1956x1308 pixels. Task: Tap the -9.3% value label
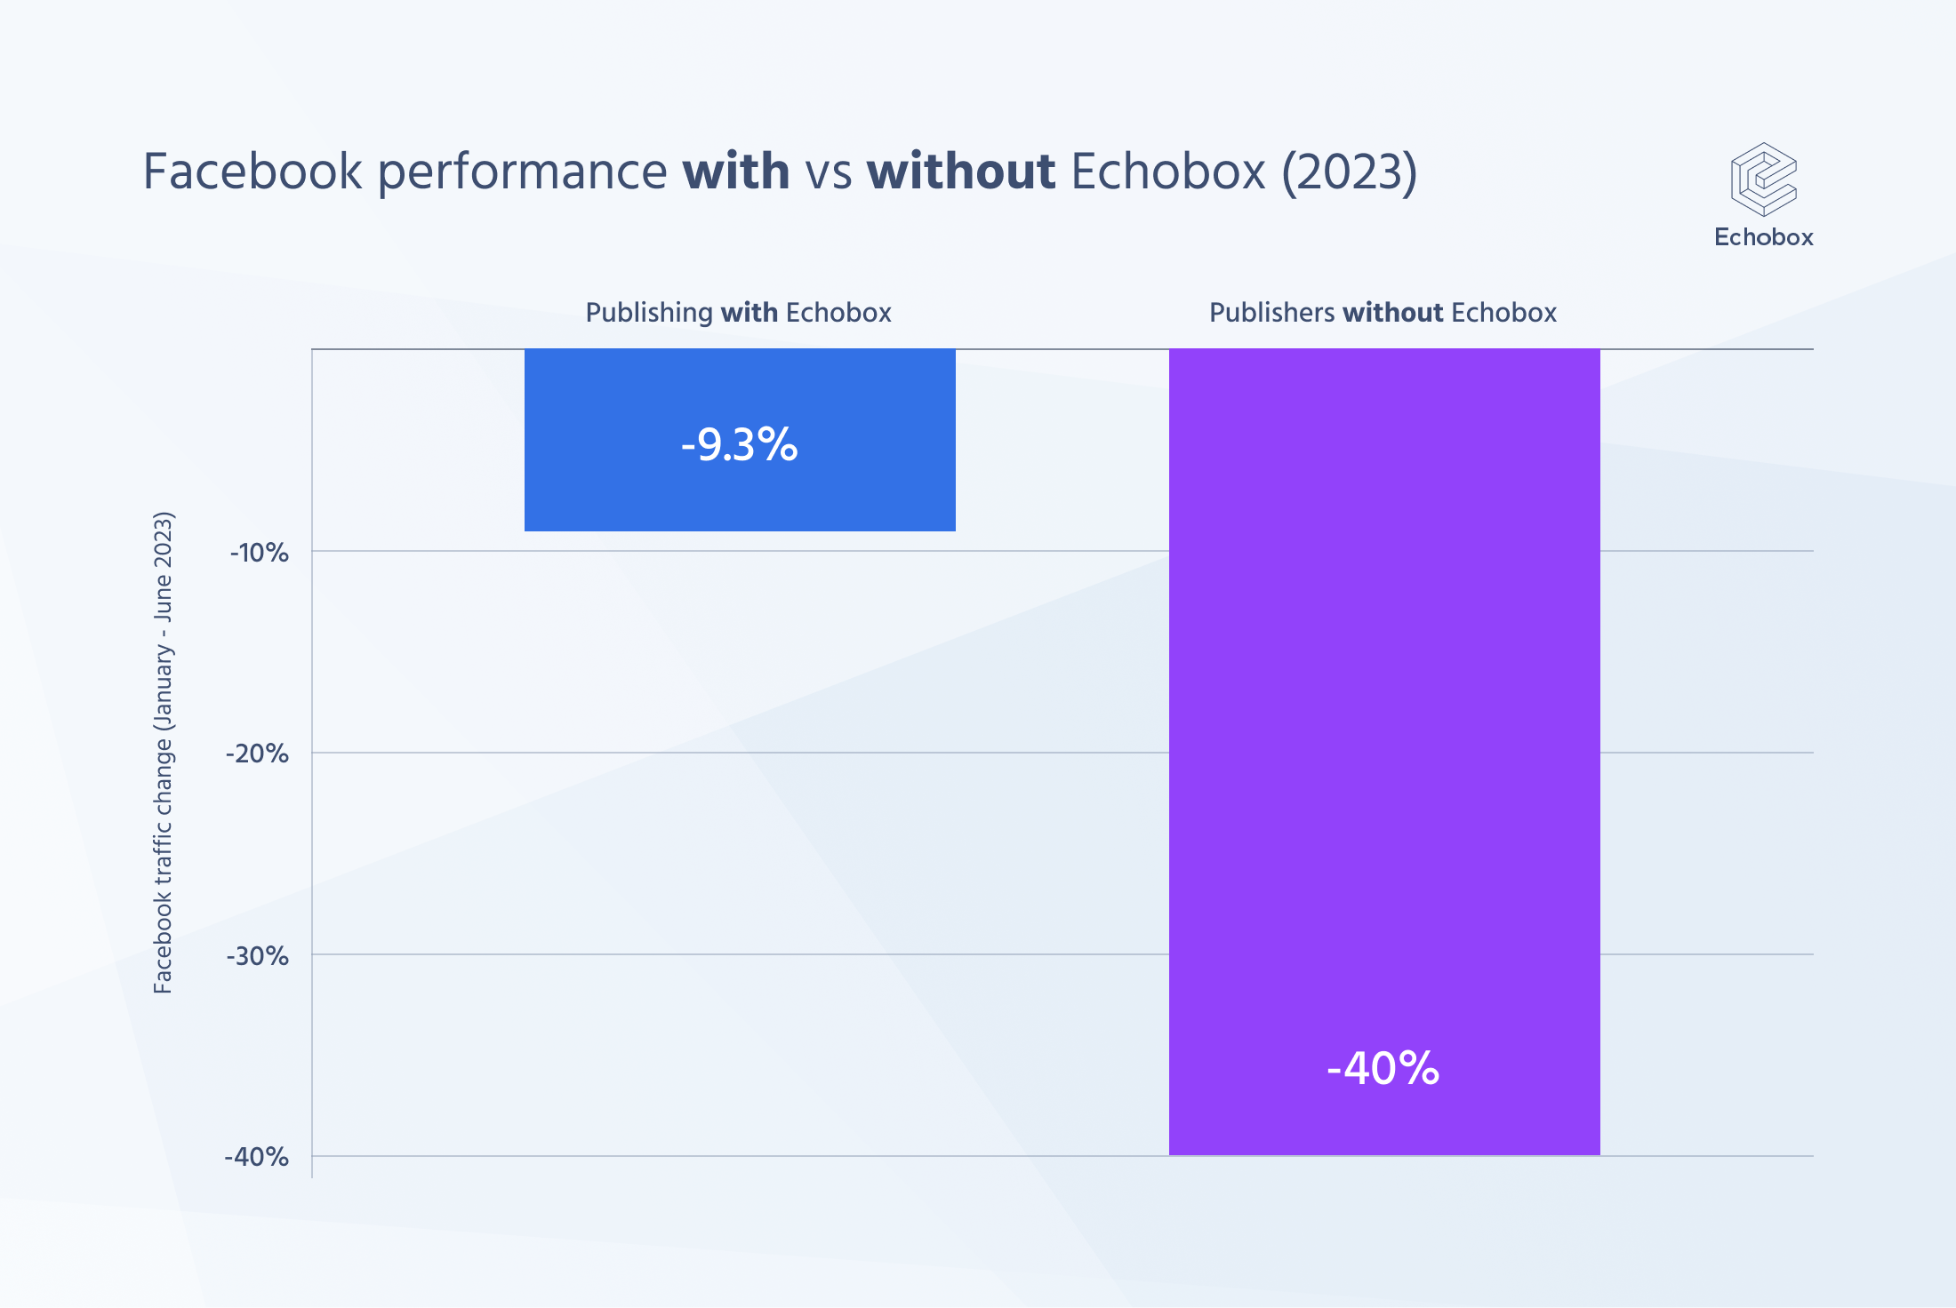click(740, 444)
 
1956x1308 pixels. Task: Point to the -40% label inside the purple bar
click(1383, 1068)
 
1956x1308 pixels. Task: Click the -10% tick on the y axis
click(260, 553)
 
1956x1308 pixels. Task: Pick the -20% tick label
click(258, 754)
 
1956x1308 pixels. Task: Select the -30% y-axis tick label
click(258, 956)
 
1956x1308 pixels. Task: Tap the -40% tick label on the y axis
click(257, 1157)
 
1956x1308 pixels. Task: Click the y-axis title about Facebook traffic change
click(164, 753)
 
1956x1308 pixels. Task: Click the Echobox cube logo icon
click(1763, 179)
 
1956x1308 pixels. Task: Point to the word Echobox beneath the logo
click(1763, 237)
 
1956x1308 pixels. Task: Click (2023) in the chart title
click(1349, 171)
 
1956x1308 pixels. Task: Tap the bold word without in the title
click(961, 171)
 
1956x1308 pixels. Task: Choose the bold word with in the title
click(735, 171)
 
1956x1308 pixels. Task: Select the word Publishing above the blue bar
click(649, 313)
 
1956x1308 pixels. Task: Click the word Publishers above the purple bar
click(1271, 313)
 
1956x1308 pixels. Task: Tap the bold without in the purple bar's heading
click(1392, 313)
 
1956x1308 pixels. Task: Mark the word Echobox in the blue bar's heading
click(838, 313)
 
